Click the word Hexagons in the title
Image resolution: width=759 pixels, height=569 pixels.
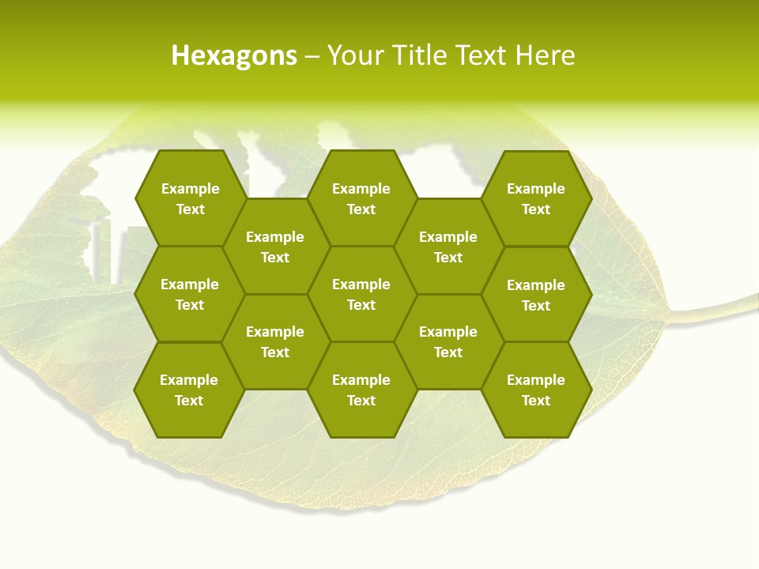point(234,55)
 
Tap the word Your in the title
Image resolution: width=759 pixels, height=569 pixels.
point(354,55)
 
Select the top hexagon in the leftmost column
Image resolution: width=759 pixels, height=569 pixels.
point(190,198)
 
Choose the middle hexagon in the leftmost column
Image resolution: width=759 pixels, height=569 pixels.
point(190,294)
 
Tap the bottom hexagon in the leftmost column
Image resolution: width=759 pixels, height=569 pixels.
point(189,390)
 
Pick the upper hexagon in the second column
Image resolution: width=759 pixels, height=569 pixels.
point(275,247)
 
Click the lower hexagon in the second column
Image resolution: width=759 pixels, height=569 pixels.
point(275,341)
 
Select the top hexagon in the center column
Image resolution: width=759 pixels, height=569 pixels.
point(361,198)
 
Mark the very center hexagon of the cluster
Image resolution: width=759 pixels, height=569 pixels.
point(361,294)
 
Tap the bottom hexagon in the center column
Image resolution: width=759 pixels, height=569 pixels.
point(361,390)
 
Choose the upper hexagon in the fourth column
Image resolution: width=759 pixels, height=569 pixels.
point(448,247)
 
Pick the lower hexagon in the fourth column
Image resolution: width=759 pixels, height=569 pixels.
point(448,341)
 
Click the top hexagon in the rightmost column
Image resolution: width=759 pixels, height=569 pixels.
point(536,198)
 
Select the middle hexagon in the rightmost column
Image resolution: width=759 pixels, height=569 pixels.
point(536,295)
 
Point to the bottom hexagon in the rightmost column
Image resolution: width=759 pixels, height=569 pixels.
point(536,390)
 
